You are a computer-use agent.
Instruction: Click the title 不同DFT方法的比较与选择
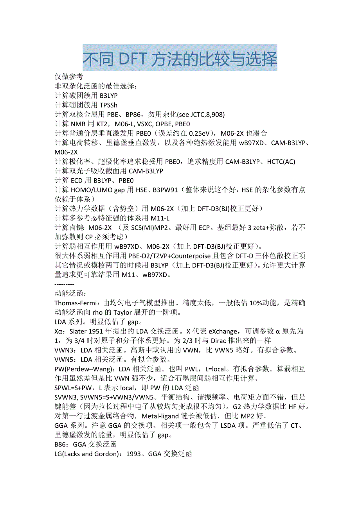180,59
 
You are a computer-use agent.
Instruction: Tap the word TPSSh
108,105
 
